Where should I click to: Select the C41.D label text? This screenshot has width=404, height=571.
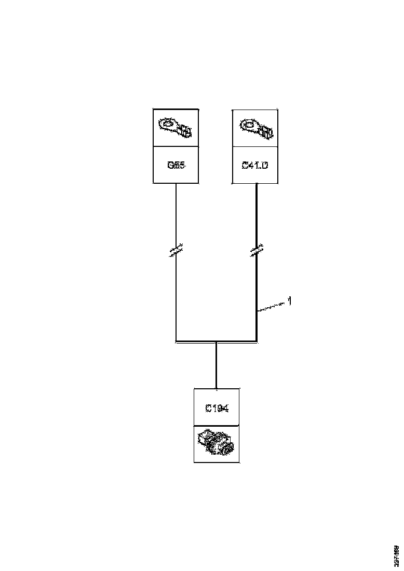click(x=254, y=166)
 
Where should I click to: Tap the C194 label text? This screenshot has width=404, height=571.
click(x=217, y=408)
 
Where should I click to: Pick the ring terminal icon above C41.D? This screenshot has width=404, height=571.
click(x=254, y=128)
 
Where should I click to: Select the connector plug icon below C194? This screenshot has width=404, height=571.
click(x=217, y=444)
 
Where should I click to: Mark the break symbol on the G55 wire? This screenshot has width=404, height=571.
click(x=177, y=251)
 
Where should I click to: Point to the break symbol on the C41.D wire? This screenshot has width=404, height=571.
click(x=257, y=251)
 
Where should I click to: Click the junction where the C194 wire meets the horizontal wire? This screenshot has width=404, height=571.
click(x=216, y=342)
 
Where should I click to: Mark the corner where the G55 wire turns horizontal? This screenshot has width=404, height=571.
click(x=177, y=342)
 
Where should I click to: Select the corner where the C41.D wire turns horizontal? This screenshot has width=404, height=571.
click(x=257, y=342)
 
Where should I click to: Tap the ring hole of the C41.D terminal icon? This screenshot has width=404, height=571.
click(x=248, y=125)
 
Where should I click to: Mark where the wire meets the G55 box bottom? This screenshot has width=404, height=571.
click(x=177, y=183)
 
